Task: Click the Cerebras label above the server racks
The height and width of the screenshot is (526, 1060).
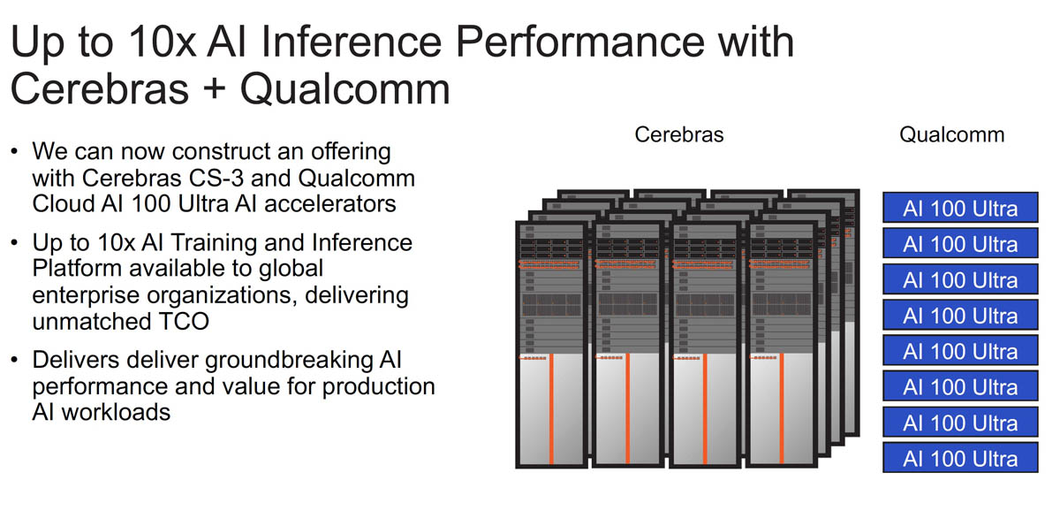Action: [x=678, y=134]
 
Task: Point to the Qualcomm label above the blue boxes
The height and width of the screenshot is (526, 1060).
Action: [x=951, y=134]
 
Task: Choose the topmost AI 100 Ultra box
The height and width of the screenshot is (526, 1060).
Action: [x=960, y=209]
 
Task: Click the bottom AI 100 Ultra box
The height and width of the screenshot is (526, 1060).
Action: [x=960, y=458]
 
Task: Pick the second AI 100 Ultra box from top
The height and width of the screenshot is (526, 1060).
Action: [x=960, y=244]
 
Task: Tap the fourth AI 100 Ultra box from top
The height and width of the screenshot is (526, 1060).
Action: [x=960, y=316]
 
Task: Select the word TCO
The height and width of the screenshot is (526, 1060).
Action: [x=181, y=320]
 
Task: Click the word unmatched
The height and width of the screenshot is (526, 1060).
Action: [x=87, y=320]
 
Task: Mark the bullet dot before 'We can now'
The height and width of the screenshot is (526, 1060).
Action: [x=14, y=151]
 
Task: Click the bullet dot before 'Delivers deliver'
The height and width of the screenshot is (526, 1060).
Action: [x=14, y=361]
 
